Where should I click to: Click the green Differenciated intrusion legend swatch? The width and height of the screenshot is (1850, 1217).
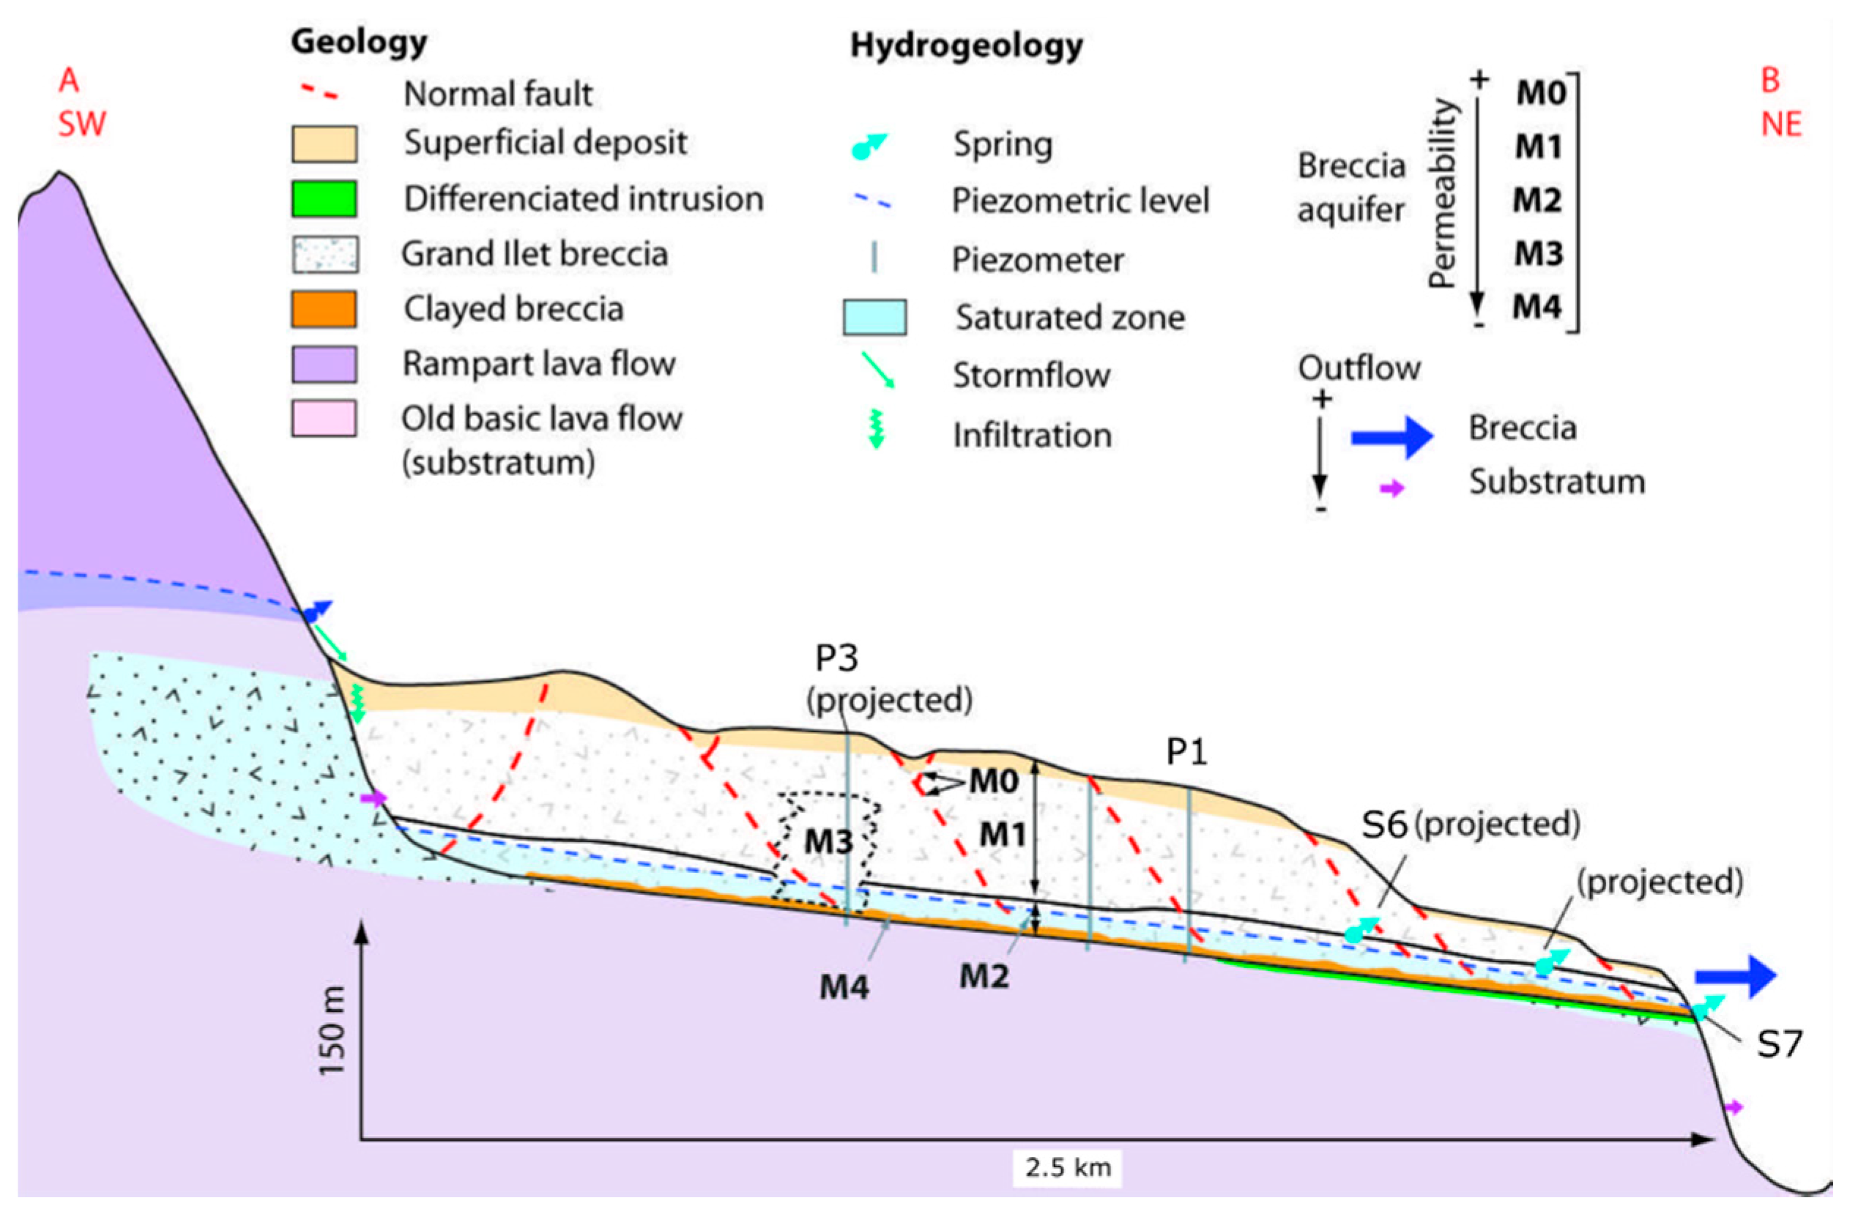point(324,199)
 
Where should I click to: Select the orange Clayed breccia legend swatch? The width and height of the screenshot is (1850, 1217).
point(324,309)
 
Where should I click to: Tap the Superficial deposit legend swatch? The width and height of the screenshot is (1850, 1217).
point(324,144)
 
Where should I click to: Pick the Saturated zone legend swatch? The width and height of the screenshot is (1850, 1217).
point(874,317)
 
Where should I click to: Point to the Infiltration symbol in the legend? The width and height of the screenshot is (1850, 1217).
point(876,429)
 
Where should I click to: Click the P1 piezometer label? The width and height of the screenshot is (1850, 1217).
point(1186,751)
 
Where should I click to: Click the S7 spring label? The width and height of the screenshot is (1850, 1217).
point(1779,1043)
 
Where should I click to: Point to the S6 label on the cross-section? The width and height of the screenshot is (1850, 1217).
point(1384,825)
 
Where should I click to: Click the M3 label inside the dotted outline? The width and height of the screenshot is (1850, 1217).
point(828,841)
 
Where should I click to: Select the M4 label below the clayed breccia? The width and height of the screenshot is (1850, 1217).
point(844,987)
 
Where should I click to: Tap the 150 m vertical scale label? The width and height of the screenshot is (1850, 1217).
point(333,1030)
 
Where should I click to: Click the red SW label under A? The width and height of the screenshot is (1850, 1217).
point(81,124)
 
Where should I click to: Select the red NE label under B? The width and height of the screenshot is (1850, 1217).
point(1781,124)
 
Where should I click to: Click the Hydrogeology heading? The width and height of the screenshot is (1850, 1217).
point(966,45)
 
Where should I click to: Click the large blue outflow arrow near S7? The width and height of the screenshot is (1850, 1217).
point(1736,976)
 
